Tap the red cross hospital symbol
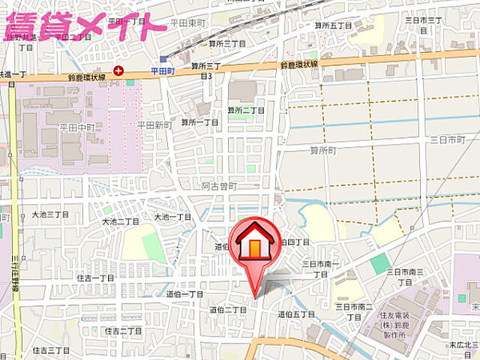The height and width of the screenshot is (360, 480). [x=118, y=71]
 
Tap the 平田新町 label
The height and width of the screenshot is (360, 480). [x=155, y=125]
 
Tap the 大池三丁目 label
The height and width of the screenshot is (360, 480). [x=49, y=214]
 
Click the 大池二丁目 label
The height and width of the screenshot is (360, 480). [x=121, y=222]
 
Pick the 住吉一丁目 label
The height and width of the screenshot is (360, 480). [x=95, y=277]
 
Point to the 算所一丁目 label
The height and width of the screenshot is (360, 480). [x=199, y=122]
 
